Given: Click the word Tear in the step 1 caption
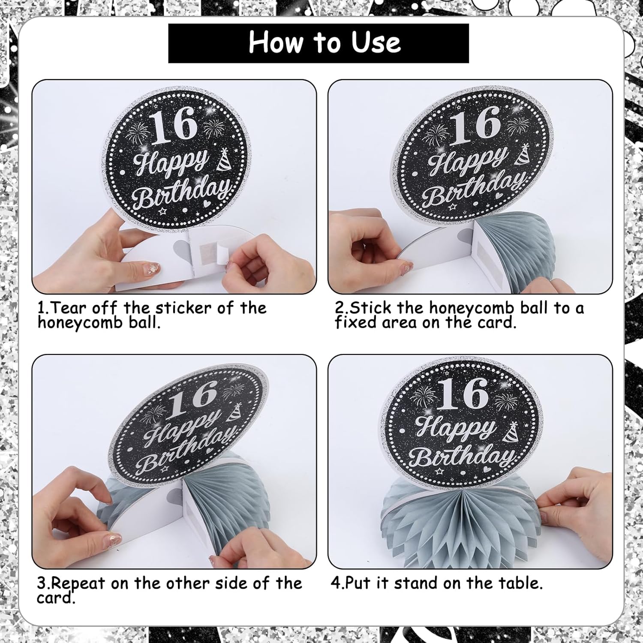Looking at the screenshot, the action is point(68,308).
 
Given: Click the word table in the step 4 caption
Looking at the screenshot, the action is point(519,583).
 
